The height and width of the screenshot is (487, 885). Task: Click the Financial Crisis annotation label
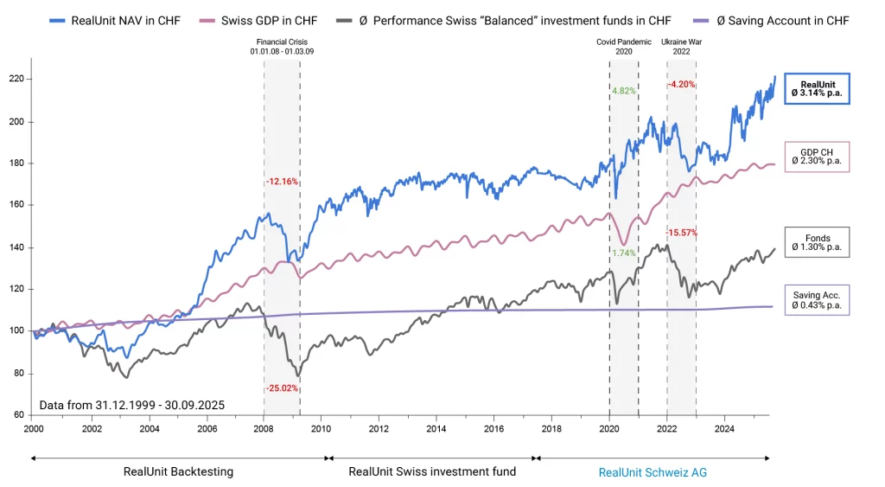point(282,47)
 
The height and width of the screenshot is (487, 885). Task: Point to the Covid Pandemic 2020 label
point(623,47)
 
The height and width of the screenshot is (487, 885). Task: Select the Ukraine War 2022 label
point(681,47)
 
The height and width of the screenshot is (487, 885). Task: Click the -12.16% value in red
point(282,182)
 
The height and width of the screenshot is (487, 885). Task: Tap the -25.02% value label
point(282,388)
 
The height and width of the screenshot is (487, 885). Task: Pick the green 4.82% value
point(623,90)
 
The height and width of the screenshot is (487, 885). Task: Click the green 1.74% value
point(623,253)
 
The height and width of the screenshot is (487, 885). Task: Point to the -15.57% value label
point(681,233)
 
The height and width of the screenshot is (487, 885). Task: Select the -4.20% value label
point(681,84)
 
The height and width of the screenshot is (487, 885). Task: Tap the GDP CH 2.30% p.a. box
point(817,156)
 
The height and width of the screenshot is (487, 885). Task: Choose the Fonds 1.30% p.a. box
point(817,241)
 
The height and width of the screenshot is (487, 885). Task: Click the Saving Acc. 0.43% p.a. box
point(817,300)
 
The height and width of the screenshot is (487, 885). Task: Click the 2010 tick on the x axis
point(321,428)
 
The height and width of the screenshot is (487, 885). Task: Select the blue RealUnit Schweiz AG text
point(652,471)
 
